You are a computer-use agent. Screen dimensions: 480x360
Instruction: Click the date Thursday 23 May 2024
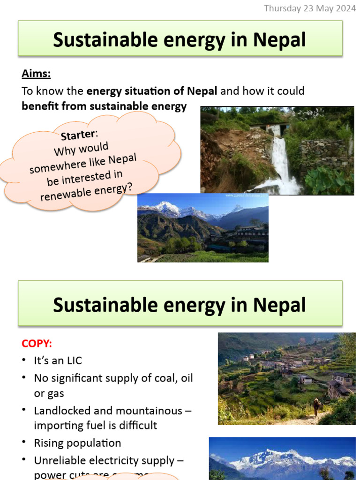tap(310, 8)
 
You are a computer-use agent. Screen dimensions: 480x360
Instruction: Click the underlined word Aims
tap(36, 74)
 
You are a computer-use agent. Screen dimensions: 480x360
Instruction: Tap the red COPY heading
tap(37, 343)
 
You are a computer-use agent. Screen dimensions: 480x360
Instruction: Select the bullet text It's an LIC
tap(58, 360)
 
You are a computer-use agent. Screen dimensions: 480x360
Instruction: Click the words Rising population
tap(77, 443)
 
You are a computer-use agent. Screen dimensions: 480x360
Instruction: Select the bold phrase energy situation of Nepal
tap(152, 90)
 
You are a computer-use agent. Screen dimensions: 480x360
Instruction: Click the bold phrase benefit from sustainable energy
tap(104, 106)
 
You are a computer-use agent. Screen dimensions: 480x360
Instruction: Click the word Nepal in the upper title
tap(279, 40)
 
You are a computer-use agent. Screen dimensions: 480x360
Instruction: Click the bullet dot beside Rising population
tap(24, 443)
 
